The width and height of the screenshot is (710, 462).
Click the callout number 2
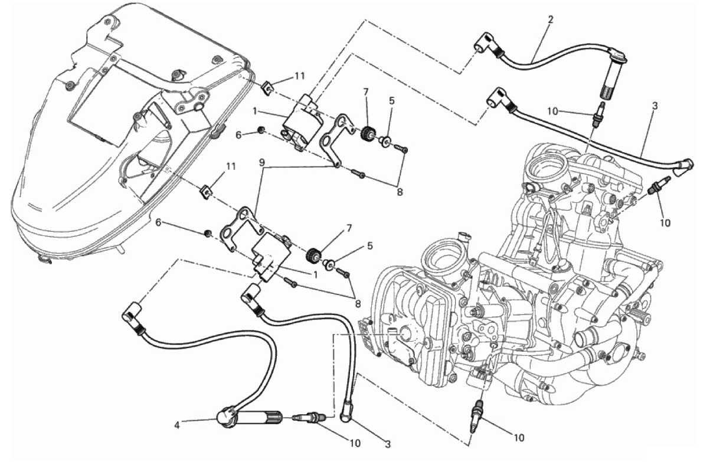(550, 19)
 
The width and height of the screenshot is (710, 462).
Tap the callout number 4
(177, 425)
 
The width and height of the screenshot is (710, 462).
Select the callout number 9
(261, 163)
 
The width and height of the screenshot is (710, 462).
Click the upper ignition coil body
(303, 121)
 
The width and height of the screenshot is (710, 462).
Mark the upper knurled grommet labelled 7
(368, 133)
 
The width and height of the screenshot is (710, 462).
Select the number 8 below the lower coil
(358, 303)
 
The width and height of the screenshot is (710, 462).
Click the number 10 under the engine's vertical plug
(518, 438)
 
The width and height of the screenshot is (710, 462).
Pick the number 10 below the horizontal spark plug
(355, 443)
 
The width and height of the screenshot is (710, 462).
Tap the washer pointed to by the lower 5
(329, 264)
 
